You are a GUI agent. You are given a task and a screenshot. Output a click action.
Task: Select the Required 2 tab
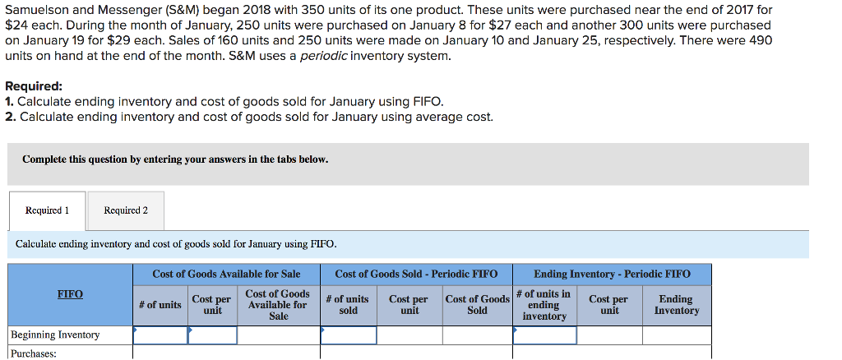(x=126, y=210)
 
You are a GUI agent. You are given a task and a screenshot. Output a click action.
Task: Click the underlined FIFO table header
(x=70, y=294)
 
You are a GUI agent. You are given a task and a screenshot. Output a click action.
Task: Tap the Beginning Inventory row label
(x=55, y=335)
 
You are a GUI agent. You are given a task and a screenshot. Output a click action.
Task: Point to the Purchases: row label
(x=33, y=353)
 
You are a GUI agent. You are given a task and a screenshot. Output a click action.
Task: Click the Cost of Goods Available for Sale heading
(x=226, y=274)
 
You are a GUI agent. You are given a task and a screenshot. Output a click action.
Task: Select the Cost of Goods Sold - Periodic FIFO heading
(x=416, y=274)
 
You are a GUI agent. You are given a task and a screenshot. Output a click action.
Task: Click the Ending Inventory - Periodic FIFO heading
(x=612, y=274)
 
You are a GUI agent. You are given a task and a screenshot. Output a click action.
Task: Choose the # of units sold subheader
(x=348, y=305)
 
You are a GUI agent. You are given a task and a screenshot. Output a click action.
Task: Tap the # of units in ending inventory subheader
(x=544, y=305)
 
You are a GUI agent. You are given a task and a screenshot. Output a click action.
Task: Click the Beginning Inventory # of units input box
(x=160, y=335)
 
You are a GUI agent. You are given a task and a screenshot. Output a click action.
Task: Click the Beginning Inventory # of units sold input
(x=349, y=335)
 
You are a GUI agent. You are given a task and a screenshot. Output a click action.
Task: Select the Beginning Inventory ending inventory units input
(x=544, y=335)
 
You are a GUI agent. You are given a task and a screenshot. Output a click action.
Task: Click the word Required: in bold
(x=34, y=86)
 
